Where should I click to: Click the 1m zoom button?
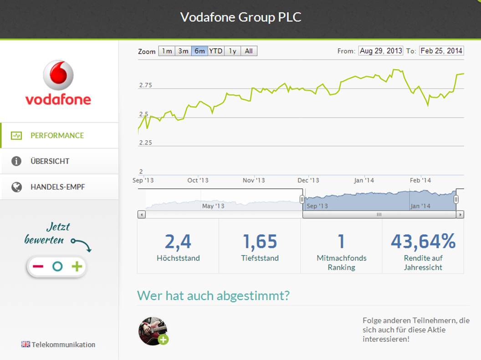167,51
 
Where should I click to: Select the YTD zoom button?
216,51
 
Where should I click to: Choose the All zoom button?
249,51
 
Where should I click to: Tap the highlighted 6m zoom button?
200,51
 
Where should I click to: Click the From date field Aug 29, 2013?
381,51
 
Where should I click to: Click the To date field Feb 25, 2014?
441,51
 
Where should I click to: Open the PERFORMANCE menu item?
57,136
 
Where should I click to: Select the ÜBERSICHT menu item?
50,161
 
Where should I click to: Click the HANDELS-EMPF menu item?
57,187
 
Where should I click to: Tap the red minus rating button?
38,267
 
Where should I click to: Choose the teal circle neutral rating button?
57,267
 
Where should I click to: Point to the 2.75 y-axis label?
145,86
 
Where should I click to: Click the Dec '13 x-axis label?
308,181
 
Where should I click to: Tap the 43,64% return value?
423,242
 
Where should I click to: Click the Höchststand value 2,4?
178,242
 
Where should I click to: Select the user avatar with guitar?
152,331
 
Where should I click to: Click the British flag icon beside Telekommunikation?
26,345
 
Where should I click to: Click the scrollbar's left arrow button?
142,214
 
